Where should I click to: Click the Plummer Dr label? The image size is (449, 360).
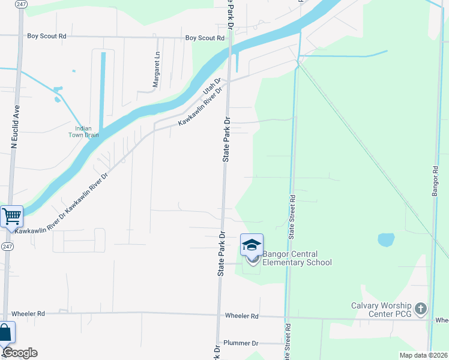click(240, 343)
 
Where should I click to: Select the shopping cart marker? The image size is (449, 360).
click(11, 216)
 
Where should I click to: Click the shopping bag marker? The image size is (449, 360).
click(5, 333)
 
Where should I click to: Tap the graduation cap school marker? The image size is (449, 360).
click(252, 245)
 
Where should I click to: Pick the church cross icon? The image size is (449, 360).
click(421, 309)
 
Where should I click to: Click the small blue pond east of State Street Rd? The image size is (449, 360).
click(386, 240)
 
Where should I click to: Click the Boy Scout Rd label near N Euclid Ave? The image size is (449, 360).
click(46, 36)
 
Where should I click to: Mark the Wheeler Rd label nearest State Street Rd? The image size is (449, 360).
click(241, 316)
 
